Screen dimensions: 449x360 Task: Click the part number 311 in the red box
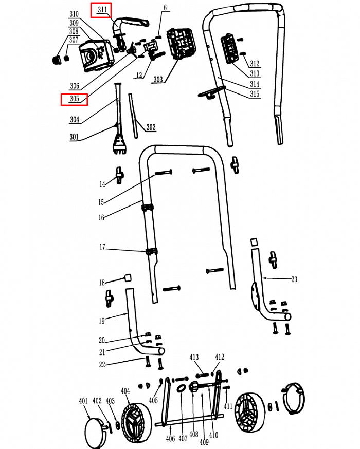102,10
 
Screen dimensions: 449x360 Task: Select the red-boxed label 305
74,99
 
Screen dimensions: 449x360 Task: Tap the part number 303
158,80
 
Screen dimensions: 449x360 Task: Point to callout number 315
254,93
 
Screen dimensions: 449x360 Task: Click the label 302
151,127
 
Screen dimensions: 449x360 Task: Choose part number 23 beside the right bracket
294,279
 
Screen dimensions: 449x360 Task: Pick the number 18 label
102,283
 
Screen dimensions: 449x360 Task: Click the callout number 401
83,401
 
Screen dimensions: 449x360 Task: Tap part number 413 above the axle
194,357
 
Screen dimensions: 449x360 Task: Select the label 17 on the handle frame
102,248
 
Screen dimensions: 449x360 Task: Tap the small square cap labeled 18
126,278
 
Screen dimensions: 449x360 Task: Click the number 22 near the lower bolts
102,365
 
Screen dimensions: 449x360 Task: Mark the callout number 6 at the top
165,8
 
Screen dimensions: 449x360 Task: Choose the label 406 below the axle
170,438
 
